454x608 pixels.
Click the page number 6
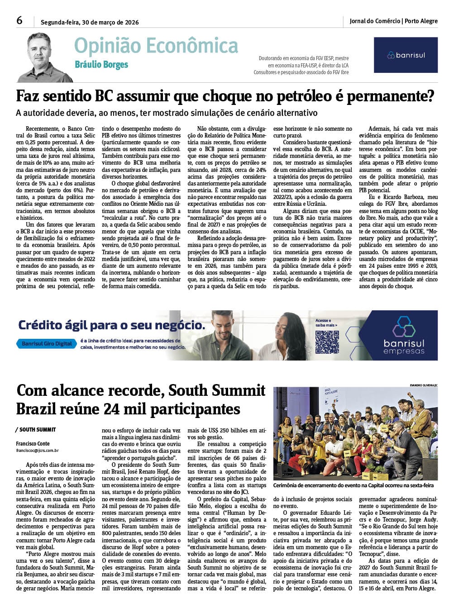pyautogui.click(x=19, y=20)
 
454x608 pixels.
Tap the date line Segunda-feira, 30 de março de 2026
pyautogui.click(x=90, y=22)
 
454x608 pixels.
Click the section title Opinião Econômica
pyautogui.click(x=156, y=46)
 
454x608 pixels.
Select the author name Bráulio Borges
pyautogui.click(x=101, y=65)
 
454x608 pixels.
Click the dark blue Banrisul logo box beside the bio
pyautogui.click(x=406, y=55)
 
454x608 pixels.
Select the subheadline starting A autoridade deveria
pyautogui.click(x=167, y=113)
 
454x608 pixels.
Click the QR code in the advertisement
pyautogui.click(x=327, y=342)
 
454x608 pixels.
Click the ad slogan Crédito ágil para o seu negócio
pyautogui.click(x=111, y=325)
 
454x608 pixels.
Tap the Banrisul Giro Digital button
pyautogui.click(x=47, y=343)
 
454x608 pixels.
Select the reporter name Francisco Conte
pyautogui.click(x=33, y=444)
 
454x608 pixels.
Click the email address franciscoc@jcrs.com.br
pyautogui.click(x=38, y=451)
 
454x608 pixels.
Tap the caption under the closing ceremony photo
pyautogui.click(x=353, y=485)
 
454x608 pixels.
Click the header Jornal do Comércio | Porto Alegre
pyautogui.click(x=393, y=21)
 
